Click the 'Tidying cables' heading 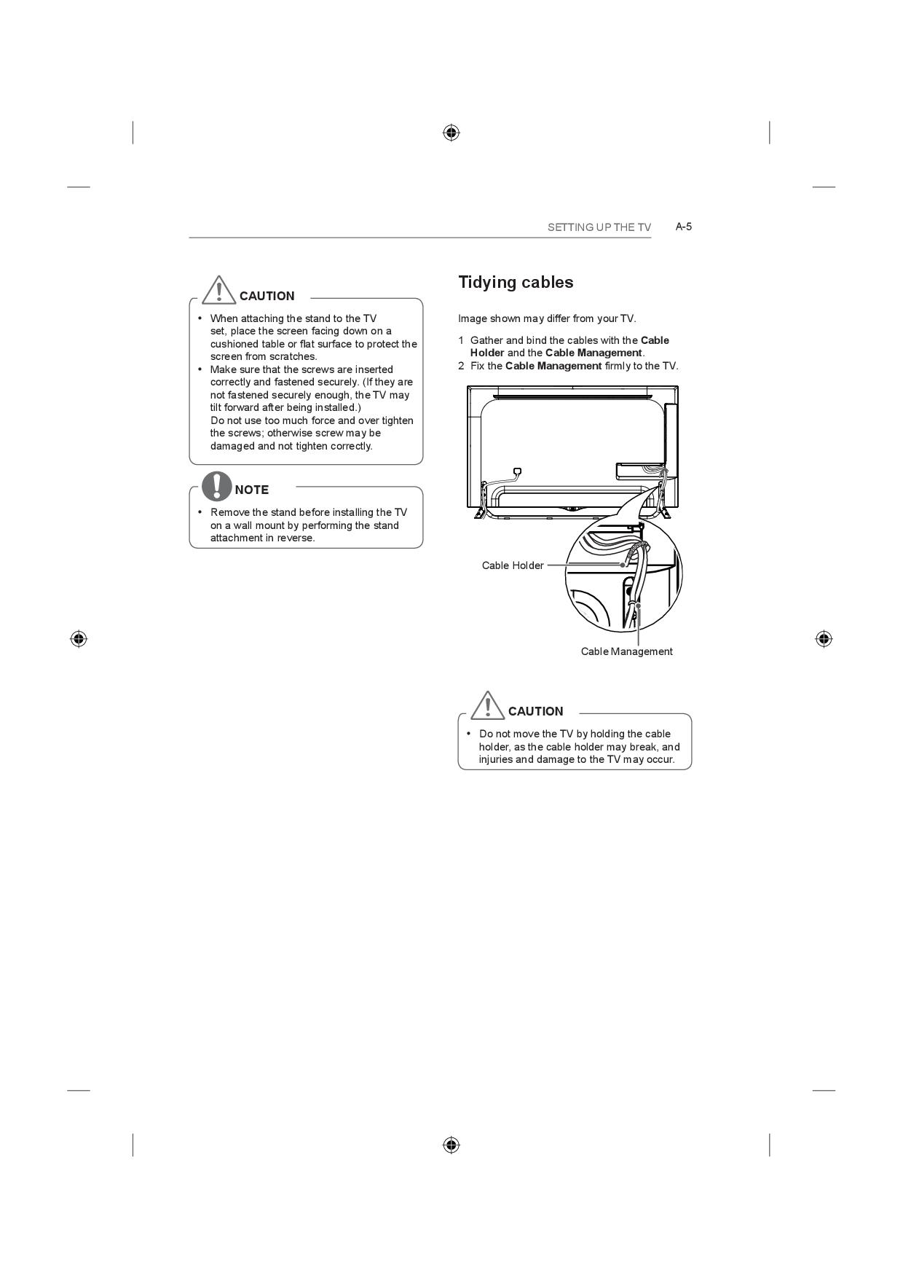click(x=516, y=283)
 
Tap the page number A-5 click(x=683, y=227)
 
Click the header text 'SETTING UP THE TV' click(x=599, y=227)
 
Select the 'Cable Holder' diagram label click(x=513, y=565)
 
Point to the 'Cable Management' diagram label click(x=626, y=651)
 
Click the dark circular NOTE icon click(x=217, y=486)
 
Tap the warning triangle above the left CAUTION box click(x=218, y=290)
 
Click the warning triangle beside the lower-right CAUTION click(x=487, y=705)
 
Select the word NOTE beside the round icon click(x=252, y=490)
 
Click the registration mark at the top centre click(x=451, y=133)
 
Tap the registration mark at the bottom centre click(x=451, y=1145)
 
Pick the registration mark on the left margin click(x=79, y=639)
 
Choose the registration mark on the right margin click(x=824, y=639)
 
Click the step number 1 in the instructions click(x=461, y=340)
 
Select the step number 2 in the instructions click(x=461, y=366)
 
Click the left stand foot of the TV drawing click(x=480, y=512)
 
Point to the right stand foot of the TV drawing click(x=665, y=512)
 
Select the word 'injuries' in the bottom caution click(x=495, y=759)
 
